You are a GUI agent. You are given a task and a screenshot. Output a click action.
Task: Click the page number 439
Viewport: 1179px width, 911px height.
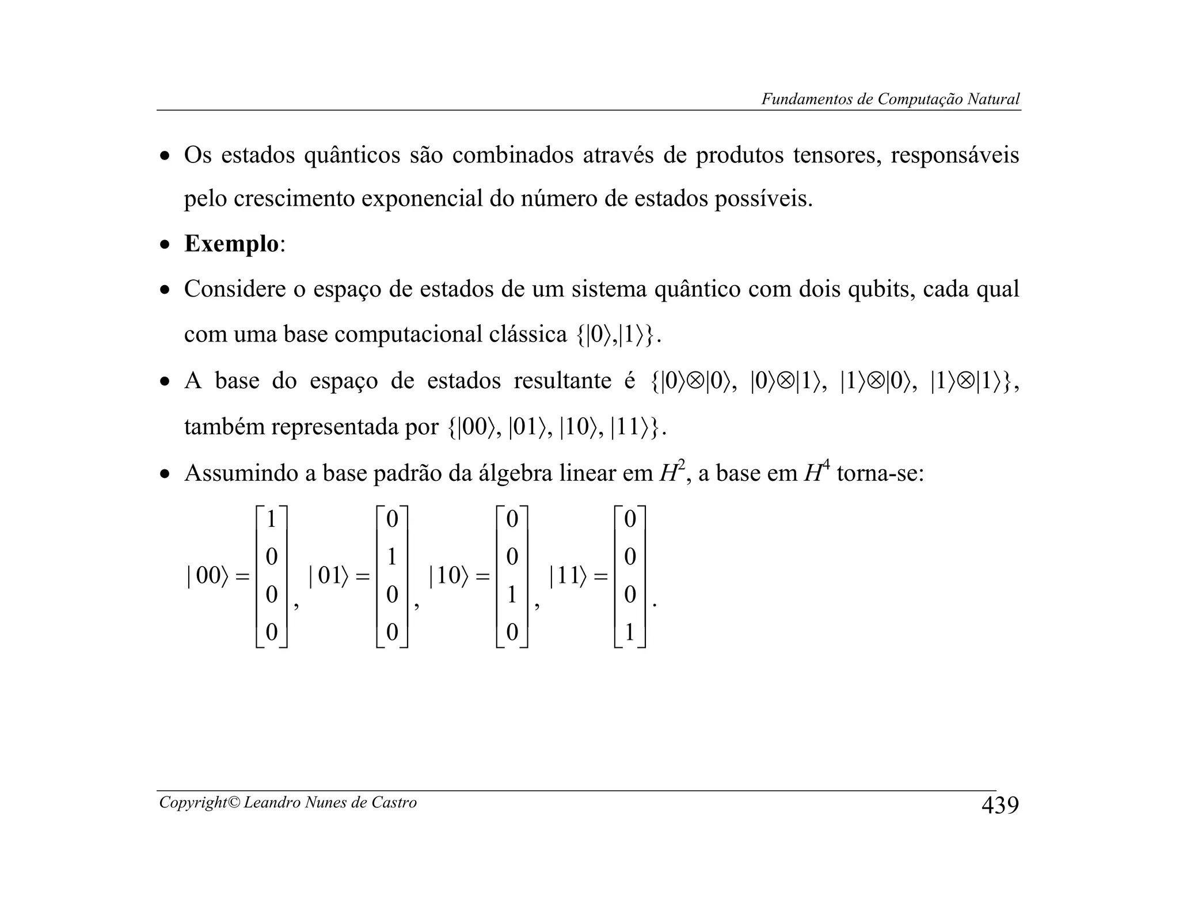(x=999, y=805)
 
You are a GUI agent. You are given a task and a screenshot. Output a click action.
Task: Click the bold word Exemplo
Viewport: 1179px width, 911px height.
(x=231, y=244)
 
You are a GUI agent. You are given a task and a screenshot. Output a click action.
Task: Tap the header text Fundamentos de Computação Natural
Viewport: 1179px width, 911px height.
(x=890, y=99)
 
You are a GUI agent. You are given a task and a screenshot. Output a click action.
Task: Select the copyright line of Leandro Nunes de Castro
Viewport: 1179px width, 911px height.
(x=288, y=802)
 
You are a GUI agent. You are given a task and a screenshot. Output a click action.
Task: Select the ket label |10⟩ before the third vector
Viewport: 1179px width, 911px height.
(x=449, y=576)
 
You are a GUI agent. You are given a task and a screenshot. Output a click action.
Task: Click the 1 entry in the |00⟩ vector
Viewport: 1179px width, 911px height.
(x=271, y=519)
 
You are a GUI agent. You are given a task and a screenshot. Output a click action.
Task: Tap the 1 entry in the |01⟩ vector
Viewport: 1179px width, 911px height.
(x=392, y=557)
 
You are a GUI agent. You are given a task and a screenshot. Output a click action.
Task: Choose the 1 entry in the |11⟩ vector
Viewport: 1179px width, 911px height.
(x=630, y=633)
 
